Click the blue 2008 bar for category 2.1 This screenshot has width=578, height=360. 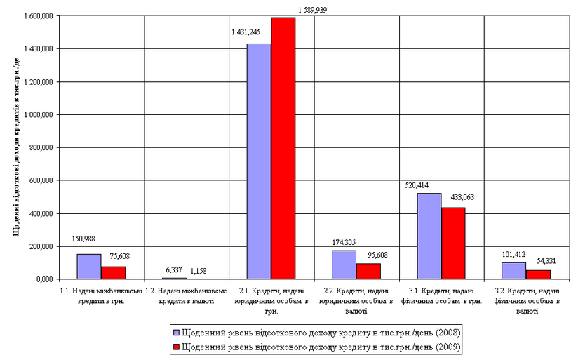(259, 161)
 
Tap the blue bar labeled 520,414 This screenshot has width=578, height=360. (429, 236)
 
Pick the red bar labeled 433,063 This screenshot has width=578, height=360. (453, 243)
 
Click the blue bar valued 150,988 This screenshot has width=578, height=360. (88, 267)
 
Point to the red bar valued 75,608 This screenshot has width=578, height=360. (113, 273)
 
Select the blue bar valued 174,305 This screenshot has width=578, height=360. (344, 265)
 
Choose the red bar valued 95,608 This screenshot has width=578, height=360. (368, 272)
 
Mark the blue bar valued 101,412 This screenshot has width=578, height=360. (514, 271)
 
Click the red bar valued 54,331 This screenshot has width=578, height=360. (539, 274)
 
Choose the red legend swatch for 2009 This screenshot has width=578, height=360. (176, 346)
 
